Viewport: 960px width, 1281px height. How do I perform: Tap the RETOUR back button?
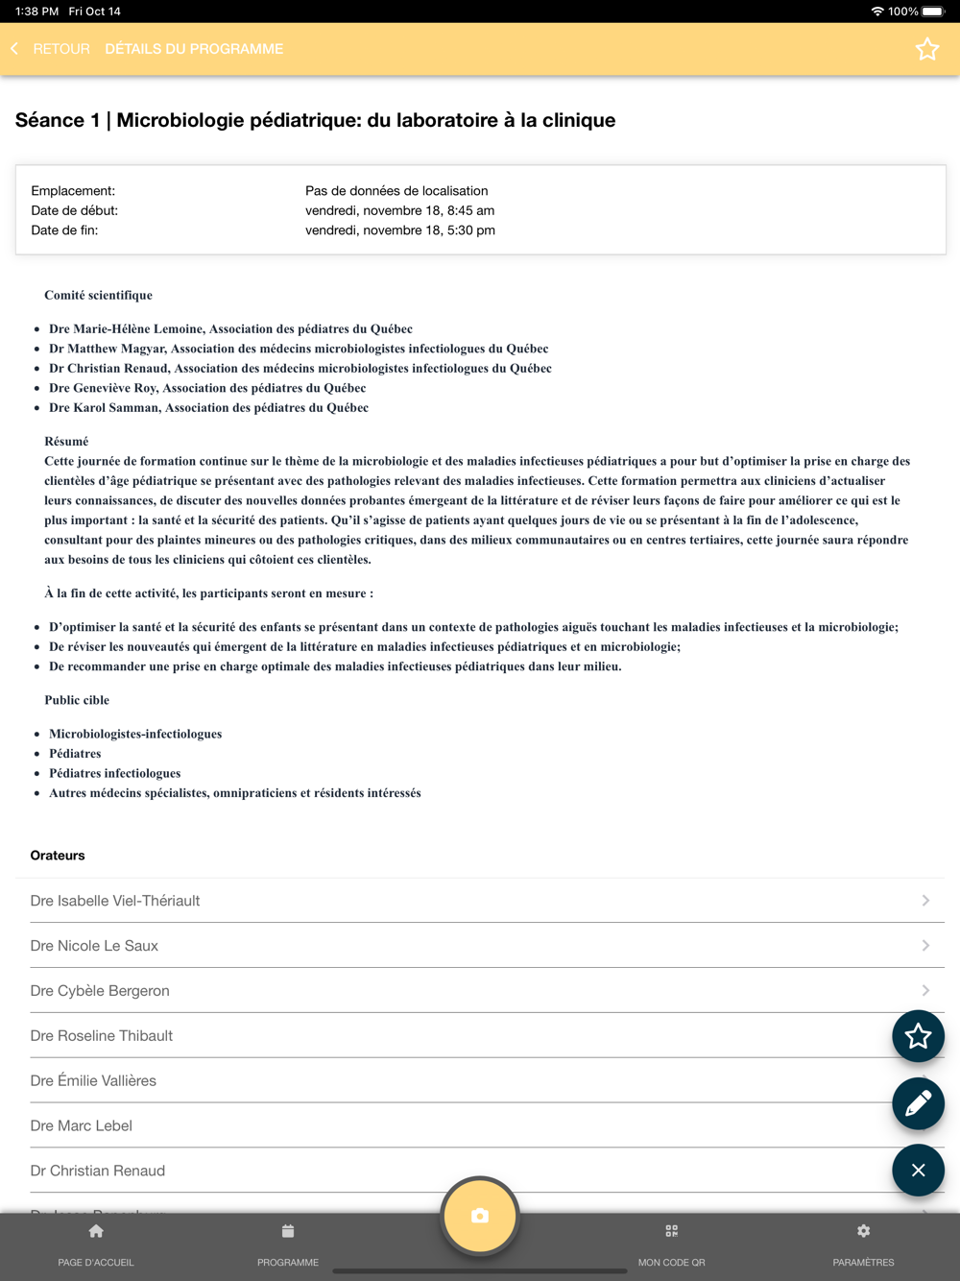pyautogui.click(x=52, y=49)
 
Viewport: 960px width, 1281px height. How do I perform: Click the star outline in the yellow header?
pyautogui.click(x=926, y=49)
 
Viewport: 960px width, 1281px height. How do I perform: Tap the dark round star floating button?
pyautogui.click(x=918, y=1036)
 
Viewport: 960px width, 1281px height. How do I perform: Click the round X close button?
pyautogui.click(x=918, y=1170)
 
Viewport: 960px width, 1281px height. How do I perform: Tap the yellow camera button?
pyautogui.click(x=480, y=1216)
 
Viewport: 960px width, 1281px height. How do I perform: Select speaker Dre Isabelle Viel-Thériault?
pyautogui.click(x=115, y=901)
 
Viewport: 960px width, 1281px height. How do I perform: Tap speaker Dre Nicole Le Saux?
pyautogui.click(x=94, y=946)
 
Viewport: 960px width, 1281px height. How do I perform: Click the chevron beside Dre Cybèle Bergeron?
pyautogui.click(x=925, y=990)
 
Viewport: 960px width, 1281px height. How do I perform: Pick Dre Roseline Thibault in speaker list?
pyautogui.click(x=102, y=1035)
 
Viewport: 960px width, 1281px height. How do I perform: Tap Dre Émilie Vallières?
pyautogui.click(x=93, y=1080)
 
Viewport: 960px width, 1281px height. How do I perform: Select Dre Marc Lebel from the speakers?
pyautogui.click(x=82, y=1125)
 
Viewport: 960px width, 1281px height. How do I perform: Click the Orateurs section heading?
pyautogui.click(x=58, y=856)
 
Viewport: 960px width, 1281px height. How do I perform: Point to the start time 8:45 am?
pyautogui.click(x=470, y=210)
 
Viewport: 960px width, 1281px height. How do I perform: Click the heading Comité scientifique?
pyautogui.click(x=98, y=295)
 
